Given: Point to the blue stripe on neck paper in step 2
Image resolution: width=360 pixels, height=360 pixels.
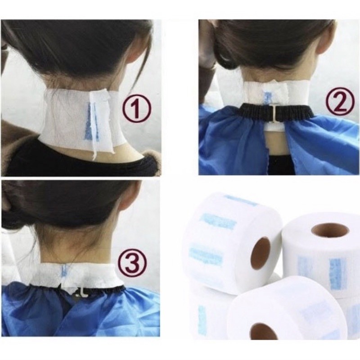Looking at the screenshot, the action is pos(267,98).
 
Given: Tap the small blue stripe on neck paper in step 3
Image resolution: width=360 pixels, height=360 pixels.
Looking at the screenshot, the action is pos(64,271).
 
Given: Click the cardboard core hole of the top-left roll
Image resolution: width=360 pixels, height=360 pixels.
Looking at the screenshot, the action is pos(260,253).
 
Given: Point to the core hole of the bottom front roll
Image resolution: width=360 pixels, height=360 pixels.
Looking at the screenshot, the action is pos(263,331).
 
